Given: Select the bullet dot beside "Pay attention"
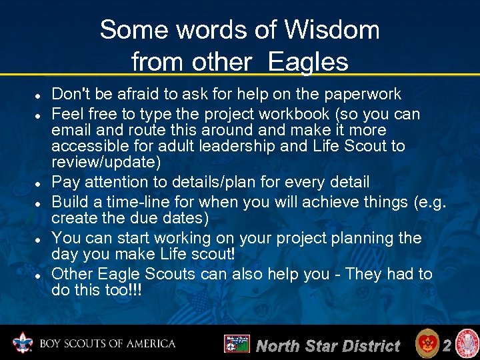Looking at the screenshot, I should pos(39,183).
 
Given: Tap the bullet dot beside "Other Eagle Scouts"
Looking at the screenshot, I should pos(39,275).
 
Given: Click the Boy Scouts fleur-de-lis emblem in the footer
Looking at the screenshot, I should pos(24,343).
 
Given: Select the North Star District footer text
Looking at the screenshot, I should pos(327,345).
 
